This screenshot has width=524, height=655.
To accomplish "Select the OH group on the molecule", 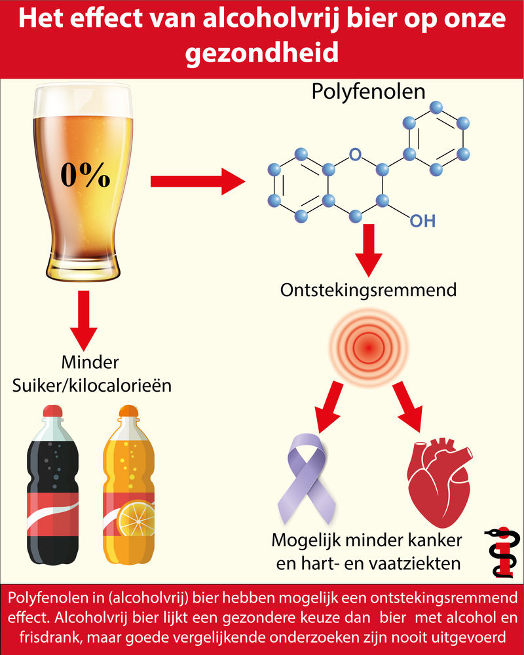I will pyautogui.click(x=422, y=221).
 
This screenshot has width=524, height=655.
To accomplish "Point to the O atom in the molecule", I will pyautogui.click(x=354, y=155).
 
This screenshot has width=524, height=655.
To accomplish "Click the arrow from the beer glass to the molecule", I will pyautogui.click(x=196, y=181).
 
